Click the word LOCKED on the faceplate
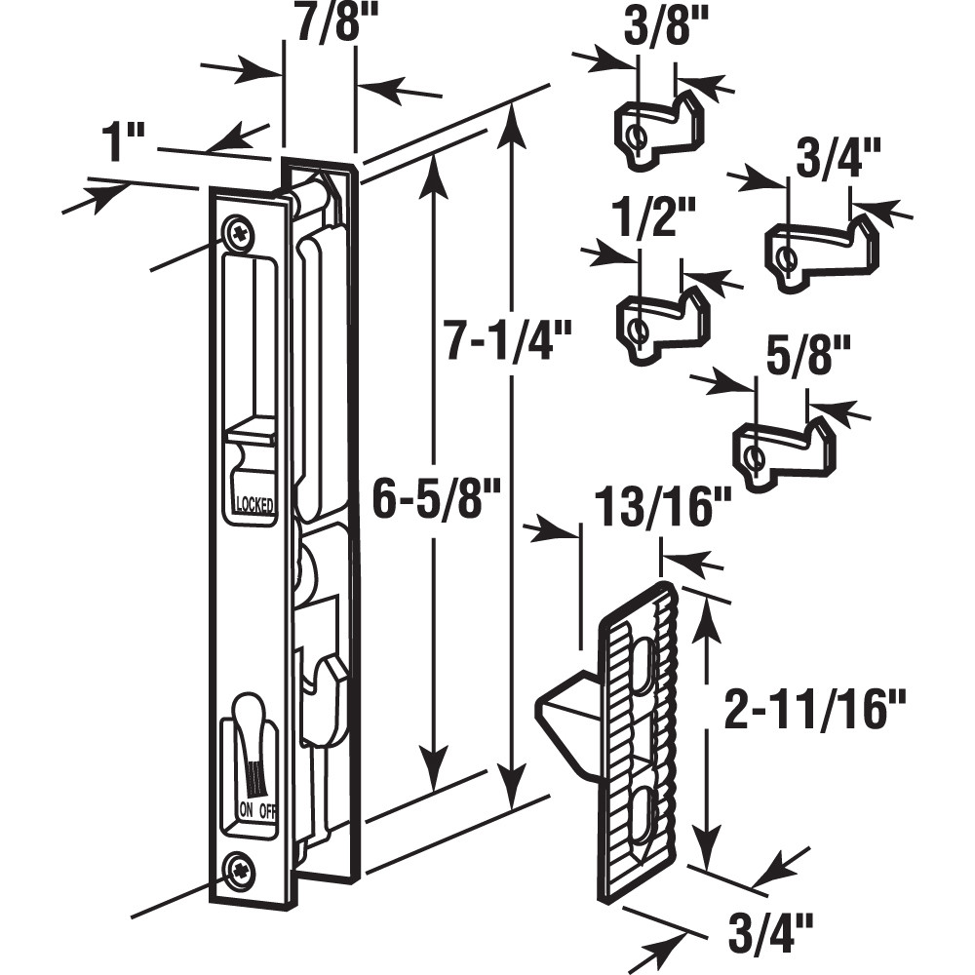253,504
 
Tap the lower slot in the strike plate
639,810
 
